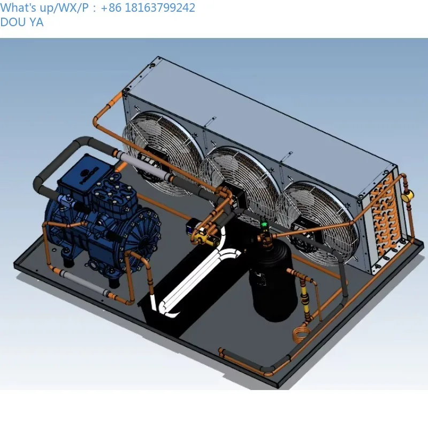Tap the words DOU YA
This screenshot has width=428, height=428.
tap(22, 22)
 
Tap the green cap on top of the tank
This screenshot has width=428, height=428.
tap(263, 224)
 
